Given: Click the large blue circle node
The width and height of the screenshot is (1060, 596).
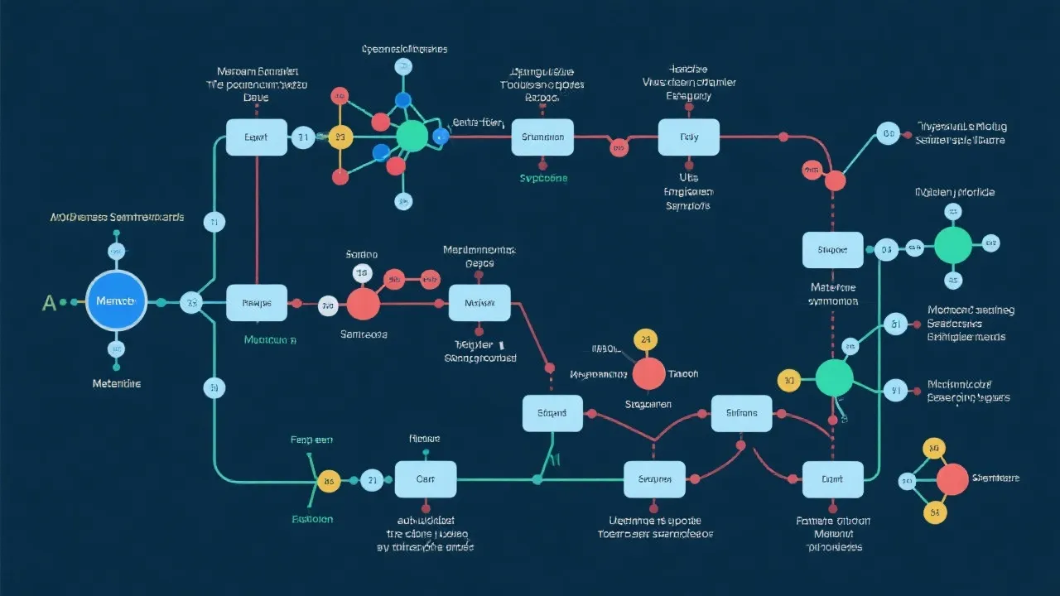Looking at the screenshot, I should pos(115,301).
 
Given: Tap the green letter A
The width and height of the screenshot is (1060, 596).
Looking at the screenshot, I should pos(49,303).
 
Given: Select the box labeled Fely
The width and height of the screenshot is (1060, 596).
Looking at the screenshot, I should pos(688,137).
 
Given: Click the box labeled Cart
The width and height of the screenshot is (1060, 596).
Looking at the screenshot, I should pos(425,479).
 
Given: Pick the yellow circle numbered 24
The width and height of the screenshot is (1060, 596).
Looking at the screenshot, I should pos(645,340).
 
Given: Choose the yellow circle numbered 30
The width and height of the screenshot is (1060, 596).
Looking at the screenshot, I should pos(788,381).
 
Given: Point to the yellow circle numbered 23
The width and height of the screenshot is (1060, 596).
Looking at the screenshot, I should pos(340,137).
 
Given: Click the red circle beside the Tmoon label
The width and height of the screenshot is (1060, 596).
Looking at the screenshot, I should pos(648,373).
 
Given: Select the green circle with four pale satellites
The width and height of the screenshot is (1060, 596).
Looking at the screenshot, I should pos(952,245).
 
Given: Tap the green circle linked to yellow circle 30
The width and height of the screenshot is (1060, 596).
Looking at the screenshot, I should pos(833,377).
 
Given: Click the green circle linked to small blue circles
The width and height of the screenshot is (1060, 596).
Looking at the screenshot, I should pos(412,137).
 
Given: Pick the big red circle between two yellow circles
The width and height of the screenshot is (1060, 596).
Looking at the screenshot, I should pos(952,479).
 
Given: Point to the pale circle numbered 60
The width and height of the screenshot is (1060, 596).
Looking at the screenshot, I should pos(889,133).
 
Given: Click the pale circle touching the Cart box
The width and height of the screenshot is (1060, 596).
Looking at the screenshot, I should pos(373,479).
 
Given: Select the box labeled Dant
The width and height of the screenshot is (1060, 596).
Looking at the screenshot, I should pos(832,479).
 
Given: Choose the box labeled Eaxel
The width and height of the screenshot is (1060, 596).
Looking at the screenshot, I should pos(257,137).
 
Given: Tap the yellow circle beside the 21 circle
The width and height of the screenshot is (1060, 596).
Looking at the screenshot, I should pos(329,481).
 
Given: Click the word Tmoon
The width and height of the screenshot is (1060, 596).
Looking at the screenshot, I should pos(683,374).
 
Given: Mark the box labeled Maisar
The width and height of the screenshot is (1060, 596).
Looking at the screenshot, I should pos(479,303).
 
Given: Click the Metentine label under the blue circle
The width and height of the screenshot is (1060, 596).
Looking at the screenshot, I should pos(116,384).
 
